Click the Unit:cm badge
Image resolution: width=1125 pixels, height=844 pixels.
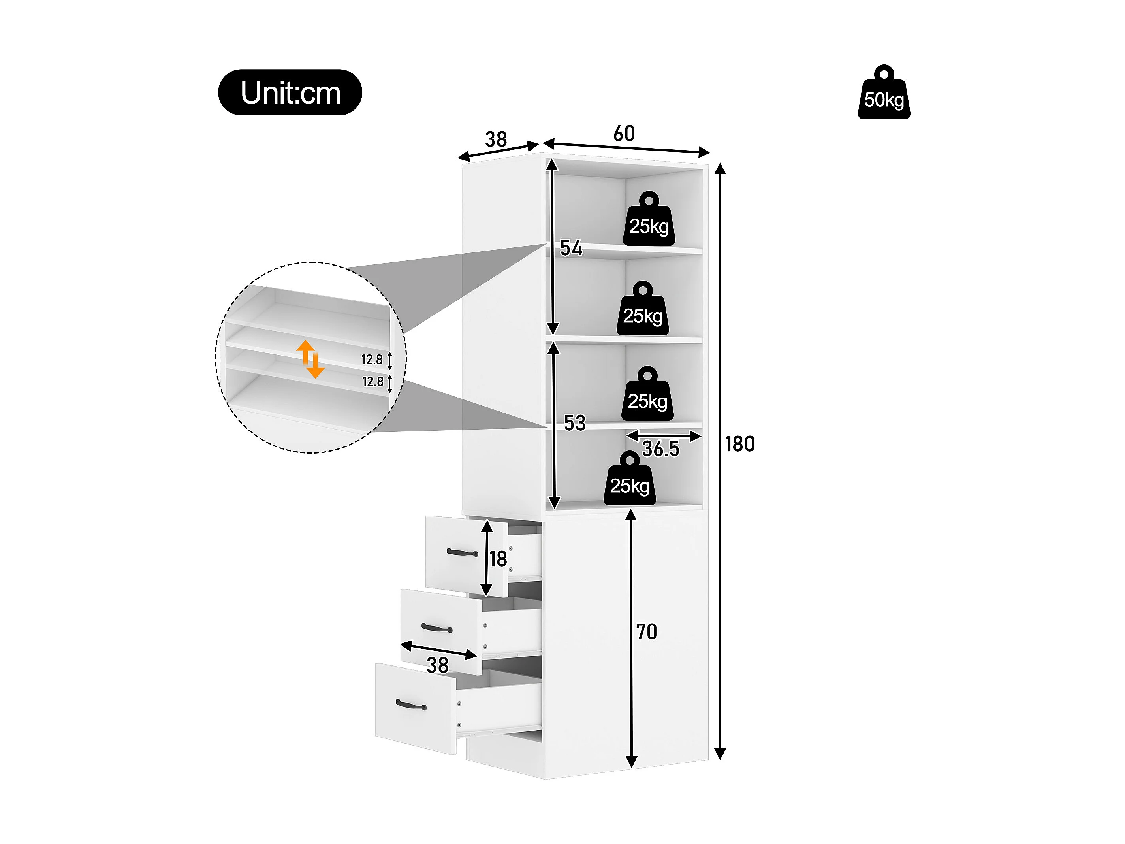(290, 92)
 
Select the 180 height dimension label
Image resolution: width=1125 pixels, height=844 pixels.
(740, 444)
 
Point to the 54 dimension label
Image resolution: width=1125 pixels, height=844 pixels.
(571, 248)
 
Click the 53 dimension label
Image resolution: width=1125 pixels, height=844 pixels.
(575, 423)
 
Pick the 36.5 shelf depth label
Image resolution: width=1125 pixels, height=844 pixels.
(660, 449)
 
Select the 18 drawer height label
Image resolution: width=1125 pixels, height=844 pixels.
(499, 559)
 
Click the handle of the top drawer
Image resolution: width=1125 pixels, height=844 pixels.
(462, 552)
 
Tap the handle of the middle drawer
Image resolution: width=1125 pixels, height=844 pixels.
(437, 629)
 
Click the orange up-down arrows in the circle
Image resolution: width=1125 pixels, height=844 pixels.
(310, 359)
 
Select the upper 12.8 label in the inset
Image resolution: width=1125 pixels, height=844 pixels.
(372, 360)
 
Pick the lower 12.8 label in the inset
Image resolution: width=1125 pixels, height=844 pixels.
(373, 382)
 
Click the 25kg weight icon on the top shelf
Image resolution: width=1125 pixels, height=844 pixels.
(649, 219)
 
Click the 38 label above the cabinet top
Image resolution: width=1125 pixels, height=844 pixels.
(496, 139)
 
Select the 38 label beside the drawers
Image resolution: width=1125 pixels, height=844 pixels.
(437, 665)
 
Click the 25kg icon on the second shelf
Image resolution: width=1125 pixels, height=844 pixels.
(643, 308)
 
